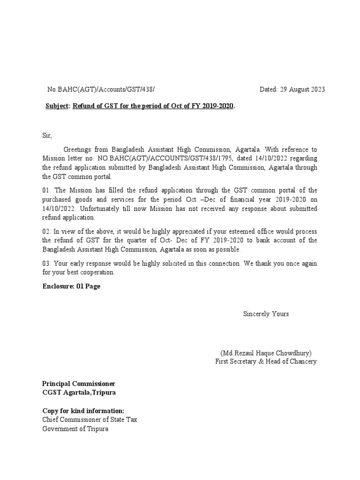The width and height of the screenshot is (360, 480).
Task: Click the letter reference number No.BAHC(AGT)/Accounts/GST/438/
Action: coord(100,90)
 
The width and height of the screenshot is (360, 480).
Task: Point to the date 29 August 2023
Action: coord(292,90)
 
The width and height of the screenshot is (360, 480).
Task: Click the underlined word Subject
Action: coord(56,106)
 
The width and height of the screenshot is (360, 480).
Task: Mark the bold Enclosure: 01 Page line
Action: coord(71,286)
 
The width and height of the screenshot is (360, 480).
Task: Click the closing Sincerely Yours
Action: coord(265,314)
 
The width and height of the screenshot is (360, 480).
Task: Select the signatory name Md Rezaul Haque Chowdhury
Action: coord(266,353)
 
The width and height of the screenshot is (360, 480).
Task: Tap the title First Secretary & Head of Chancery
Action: coord(266,361)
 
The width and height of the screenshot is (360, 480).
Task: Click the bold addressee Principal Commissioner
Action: coord(79,384)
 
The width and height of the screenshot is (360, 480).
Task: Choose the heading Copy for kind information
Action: coord(83,411)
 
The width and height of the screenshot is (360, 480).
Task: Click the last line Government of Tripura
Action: coord(75,429)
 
